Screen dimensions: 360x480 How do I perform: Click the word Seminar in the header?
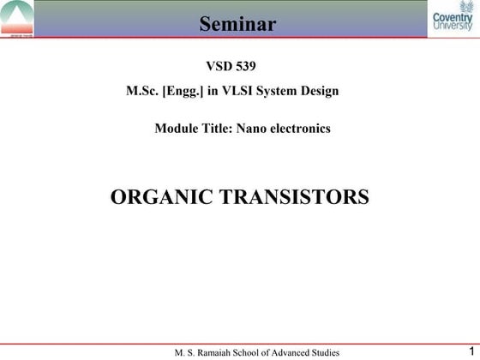[x=238, y=23]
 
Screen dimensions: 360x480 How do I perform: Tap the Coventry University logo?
[x=452, y=20]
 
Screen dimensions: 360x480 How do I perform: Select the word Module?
[x=174, y=129]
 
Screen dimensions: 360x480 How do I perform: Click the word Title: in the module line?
[x=218, y=129]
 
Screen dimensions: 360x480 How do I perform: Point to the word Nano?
[x=255, y=129]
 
